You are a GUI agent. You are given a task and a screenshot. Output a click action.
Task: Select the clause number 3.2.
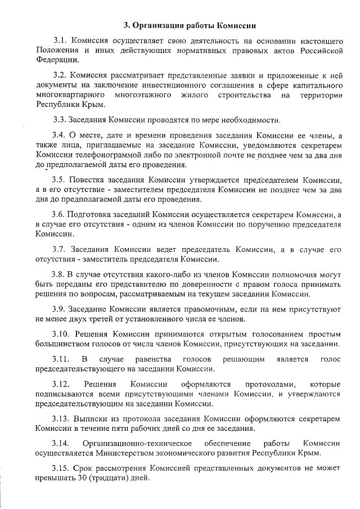60,75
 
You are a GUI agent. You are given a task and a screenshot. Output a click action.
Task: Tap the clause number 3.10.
62,334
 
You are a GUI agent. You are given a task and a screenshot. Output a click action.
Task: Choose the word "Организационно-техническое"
141,443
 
